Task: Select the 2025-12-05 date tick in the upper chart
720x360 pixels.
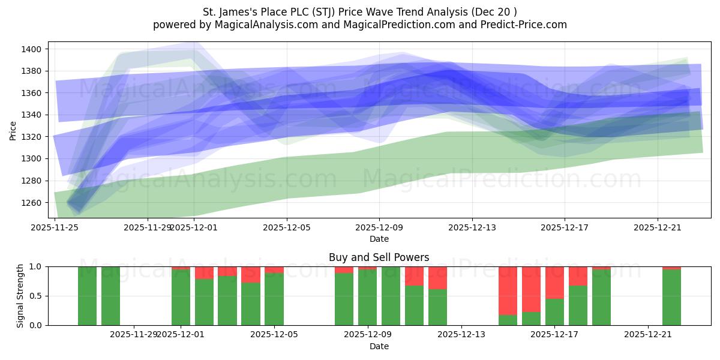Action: coord(287,227)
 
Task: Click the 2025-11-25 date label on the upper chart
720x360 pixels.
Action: coord(55,227)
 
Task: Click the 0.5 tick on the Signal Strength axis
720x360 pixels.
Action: coord(37,296)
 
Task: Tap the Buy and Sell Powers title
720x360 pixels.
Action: coord(379,257)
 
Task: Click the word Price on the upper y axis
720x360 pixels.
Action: coord(13,130)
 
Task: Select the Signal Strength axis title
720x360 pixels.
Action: coord(20,296)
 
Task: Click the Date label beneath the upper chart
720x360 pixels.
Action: coord(379,239)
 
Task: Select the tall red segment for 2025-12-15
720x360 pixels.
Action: coord(508,290)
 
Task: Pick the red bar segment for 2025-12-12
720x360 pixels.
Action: coord(437,278)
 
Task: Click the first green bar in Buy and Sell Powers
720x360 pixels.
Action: coord(87,296)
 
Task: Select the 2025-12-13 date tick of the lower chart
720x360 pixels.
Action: coord(461,334)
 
